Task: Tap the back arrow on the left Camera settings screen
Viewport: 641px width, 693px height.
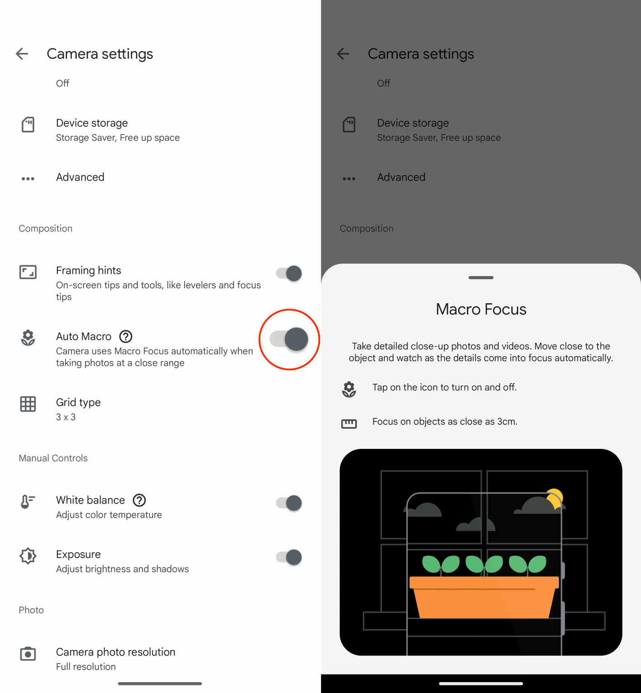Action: [22, 54]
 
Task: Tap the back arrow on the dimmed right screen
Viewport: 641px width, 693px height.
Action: [343, 54]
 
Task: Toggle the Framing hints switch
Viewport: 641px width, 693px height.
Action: [289, 273]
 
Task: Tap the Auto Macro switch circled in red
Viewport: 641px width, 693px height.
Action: [289, 339]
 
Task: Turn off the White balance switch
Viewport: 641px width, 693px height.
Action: [289, 503]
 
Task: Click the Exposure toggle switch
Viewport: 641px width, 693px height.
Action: [289, 557]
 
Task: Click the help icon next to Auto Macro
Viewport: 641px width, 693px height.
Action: [125, 337]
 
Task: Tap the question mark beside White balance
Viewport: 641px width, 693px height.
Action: [139, 500]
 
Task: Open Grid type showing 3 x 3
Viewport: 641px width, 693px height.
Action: [79, 409]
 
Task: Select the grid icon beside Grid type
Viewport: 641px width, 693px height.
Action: [28, 404]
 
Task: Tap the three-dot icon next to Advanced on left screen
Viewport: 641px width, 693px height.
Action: [28, 179]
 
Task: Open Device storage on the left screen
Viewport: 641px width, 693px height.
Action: [92, 129]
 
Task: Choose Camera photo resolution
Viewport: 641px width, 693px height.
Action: [116, 658]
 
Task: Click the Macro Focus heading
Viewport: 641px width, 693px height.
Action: [481, 310]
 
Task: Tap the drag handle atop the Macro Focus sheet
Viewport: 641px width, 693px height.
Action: [481, 277]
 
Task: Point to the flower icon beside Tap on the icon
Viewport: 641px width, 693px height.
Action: [349, 389]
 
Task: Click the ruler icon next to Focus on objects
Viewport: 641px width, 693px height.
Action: [349, 423]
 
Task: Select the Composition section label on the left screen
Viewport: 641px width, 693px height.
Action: [46, 229]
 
